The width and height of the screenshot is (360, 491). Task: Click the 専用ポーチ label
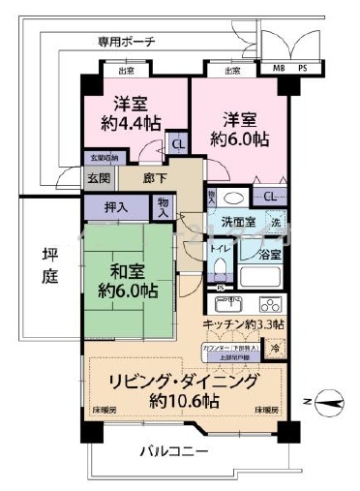tap(126, 42)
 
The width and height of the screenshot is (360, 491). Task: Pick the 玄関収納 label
tap(104, 158)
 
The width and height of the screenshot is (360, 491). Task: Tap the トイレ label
tap(219, 248)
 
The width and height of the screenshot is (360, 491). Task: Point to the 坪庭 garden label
tap(50, 263)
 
